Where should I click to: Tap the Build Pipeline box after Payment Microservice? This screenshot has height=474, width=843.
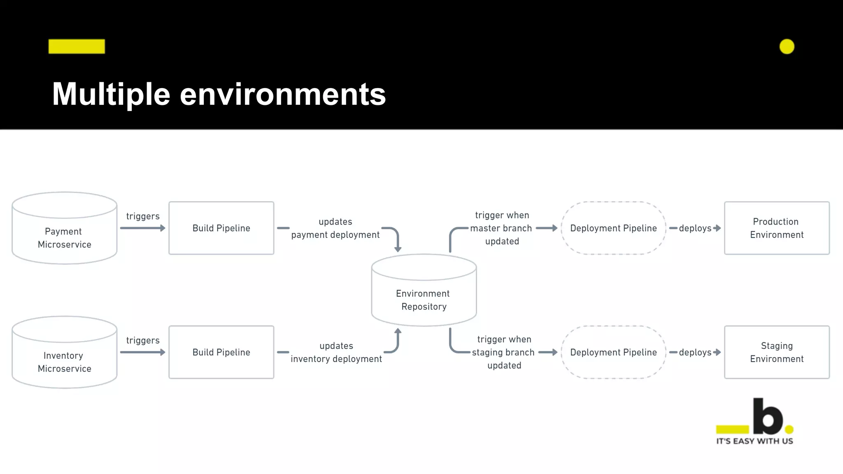[x=221, y=228]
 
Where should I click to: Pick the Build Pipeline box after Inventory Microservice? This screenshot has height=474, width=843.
[x=221, y=352]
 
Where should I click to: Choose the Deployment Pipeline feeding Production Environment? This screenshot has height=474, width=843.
[x=613, y=228]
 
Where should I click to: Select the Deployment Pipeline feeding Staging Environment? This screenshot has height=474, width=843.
[x=613, y=352]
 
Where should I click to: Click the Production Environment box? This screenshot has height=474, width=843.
[x=777, y=228]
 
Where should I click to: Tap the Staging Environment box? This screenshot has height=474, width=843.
[x=777, y=352]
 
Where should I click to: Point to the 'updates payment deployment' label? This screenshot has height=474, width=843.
[x=335, y=228]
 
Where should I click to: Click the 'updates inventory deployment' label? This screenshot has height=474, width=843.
[x=336, y=352]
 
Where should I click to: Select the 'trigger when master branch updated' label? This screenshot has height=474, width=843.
[x=501, y=228]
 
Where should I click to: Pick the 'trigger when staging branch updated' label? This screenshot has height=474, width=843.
[x=504, y=352]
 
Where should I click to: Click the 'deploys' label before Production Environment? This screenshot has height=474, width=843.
[x=695, y=228]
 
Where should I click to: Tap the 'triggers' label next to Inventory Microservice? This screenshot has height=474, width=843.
[x=142, y=340]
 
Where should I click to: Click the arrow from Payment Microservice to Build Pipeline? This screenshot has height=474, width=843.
[x=142, y=228]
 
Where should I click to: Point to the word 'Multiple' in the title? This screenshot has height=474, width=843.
[x=111, y=94]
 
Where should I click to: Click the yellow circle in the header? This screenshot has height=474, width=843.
[x=787, y=46]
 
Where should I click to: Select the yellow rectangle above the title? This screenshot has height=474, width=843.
[x=77, y=46]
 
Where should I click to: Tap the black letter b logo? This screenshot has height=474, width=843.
[x=767, y=417]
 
